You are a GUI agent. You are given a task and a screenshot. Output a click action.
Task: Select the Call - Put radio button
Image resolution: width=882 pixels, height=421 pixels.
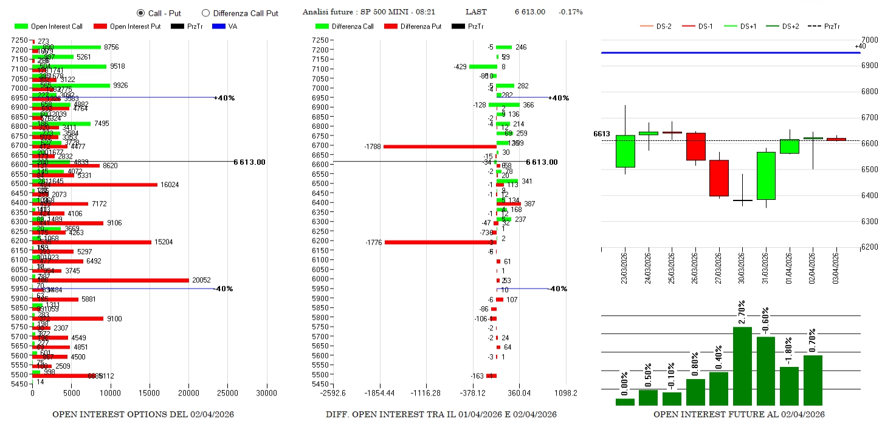point(141,13)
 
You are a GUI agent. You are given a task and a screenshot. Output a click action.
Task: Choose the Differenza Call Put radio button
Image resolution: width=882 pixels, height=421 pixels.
point(205,13)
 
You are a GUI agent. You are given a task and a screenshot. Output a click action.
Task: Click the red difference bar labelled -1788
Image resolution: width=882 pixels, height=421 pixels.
point(439,146)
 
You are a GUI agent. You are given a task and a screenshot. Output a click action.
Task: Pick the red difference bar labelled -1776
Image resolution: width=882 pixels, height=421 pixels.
point(440,242)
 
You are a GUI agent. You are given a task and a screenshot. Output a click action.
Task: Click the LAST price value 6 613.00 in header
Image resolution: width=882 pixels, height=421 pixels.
point(529,12)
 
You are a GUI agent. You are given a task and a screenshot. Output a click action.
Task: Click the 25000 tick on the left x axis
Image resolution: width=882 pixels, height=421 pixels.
point(228,393)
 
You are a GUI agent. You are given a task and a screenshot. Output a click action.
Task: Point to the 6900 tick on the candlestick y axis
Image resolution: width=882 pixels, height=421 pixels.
point(869,66)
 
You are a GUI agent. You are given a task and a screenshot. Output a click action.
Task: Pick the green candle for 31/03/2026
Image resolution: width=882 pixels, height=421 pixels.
point(766,176)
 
